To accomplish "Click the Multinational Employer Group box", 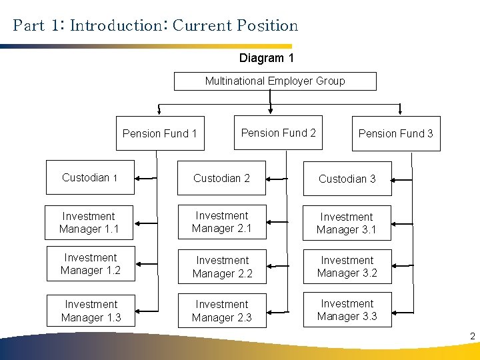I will point(275,81).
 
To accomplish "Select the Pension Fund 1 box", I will point(160,133).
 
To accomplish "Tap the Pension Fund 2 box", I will point(278,133).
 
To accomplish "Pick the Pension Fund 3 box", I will point(395,133).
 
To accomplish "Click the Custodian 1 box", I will point(90,178).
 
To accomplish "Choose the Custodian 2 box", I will point(221,178).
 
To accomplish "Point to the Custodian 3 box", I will point(347,179).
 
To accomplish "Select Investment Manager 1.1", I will point(89,223).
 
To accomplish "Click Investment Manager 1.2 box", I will point(90,264).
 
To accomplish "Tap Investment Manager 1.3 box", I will point(91,311).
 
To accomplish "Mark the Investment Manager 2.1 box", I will point(221,222).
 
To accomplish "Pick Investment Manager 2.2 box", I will point(222,267).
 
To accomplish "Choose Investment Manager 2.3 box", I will point(221,311).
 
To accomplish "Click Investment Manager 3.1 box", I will point(346,223).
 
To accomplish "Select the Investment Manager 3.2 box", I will point(347,267).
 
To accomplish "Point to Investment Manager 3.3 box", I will point(347,310).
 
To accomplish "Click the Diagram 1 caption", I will point(267,58).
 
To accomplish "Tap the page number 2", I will point(472,336).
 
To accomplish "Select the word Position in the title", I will point(267,26).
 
